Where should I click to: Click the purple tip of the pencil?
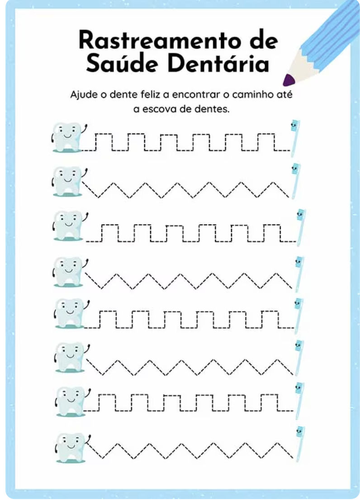coord(288,80)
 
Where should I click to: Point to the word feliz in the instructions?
coord(150,94)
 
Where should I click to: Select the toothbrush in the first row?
coord(295,138)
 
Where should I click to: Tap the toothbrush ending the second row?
coord(296,181)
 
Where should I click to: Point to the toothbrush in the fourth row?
coord(298,274)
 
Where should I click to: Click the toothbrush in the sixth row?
coord(298,358)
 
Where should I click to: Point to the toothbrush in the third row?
coord(300,227)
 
